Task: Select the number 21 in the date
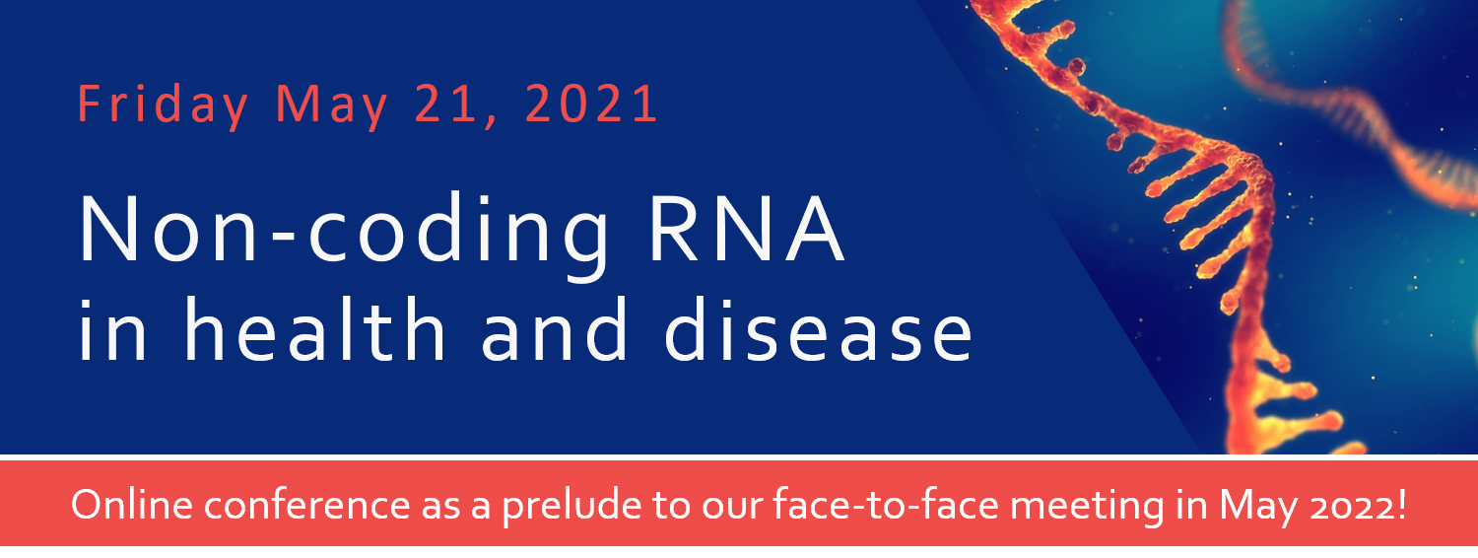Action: click(x=446, y=104)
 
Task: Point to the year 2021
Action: click(x=590, y=104)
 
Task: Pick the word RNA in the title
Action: click(x=746, y=229)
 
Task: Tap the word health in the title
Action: click(x=314, y=328)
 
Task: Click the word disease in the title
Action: click(x=818, y=328)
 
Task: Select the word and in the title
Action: click(x=554, y=328)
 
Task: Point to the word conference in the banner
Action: click(x=306, y=506)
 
